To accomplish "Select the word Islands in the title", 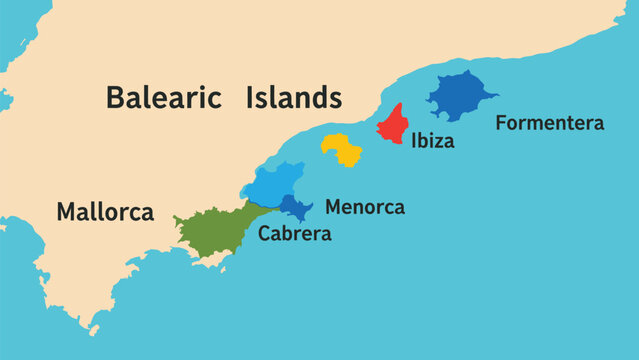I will point(292,98).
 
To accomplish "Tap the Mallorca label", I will point(105,212).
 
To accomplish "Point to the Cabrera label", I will point(294,234).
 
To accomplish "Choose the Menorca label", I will point(365,208).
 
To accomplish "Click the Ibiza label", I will point(432,141).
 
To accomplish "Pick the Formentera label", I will point(550,124).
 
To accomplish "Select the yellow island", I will point(342,149).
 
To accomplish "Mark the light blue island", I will point(273,184).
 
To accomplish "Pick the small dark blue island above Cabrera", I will point(294,208).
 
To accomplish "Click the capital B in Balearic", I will point(115,98).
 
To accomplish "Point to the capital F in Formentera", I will point(502,124).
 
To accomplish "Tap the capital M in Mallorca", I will point(66,212).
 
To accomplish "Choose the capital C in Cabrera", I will point(265,234).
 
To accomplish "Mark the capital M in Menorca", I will point(334,208).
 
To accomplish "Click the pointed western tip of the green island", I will point(174,218).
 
